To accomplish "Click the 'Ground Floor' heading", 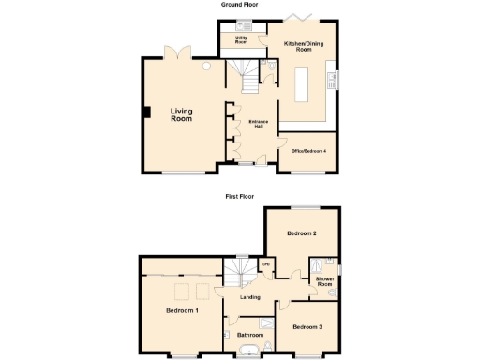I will pyautogui.click(x=239, y=5).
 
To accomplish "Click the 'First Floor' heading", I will pyautogui.click(x=239, y=197).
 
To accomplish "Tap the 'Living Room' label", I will pyautogui.click(x=181, y=115).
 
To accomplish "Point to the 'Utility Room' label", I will pyautogui.click(x=241, y=40).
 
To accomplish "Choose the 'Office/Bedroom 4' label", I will pyautogui.click(x=302, y=151).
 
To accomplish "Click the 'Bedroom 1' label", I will pyautogui.click(x=182, y=310).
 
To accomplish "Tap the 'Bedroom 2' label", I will pyautogui.click(x=301, y=232).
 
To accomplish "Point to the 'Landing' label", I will pyautogui.click(x=250, y=297).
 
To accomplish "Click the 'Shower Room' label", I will pyautogui.click(x=324, y=281).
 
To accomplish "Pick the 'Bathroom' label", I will pyautogui.click(x=249, y=334).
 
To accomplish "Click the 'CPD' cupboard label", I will pyautogui.click(x=266, y=265).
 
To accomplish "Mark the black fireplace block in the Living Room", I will pyautogui.click(x=145, y=113).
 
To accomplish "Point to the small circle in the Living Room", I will pyautogui.click(x=204, y=67).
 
